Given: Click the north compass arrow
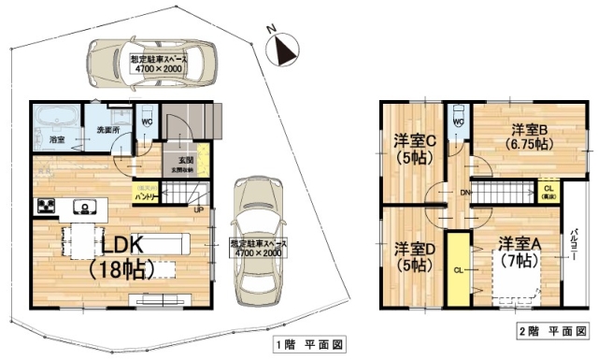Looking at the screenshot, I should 284,49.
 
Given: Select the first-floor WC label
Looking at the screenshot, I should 147,122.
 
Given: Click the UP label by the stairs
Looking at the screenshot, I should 198,209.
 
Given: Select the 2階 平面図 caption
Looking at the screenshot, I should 551,331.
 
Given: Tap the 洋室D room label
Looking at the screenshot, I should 414,256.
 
